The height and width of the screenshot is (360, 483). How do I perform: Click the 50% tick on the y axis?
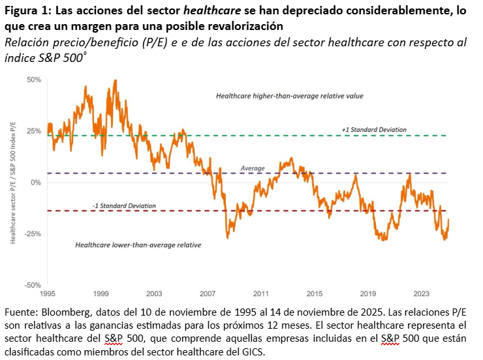[33, 80]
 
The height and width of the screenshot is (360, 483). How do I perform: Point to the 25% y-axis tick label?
[33, 131]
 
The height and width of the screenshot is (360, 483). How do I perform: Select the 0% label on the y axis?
[36, 183]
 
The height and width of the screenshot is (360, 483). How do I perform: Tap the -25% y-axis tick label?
[33, 233]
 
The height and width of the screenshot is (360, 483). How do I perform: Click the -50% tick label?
[33, 285]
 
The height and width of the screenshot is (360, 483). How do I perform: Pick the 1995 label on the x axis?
[48, 293]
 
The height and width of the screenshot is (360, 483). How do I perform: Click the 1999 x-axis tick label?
[101, 293]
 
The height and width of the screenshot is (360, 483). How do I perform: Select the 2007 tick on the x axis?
[208, 293]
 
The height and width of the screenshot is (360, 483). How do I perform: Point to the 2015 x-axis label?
[315, 293]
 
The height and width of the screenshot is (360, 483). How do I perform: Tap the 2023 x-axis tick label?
[421, 293]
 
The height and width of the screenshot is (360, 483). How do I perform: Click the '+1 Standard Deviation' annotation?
[373, 130]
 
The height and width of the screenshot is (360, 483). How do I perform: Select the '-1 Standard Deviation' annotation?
[124, 206]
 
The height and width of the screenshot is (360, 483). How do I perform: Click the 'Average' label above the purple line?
[253, 168]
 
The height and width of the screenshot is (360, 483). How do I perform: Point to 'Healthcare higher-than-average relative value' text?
[289, 96]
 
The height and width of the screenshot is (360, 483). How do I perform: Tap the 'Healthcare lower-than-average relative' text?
[138, 245]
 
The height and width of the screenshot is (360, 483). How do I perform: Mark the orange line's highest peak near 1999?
[116, 81]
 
